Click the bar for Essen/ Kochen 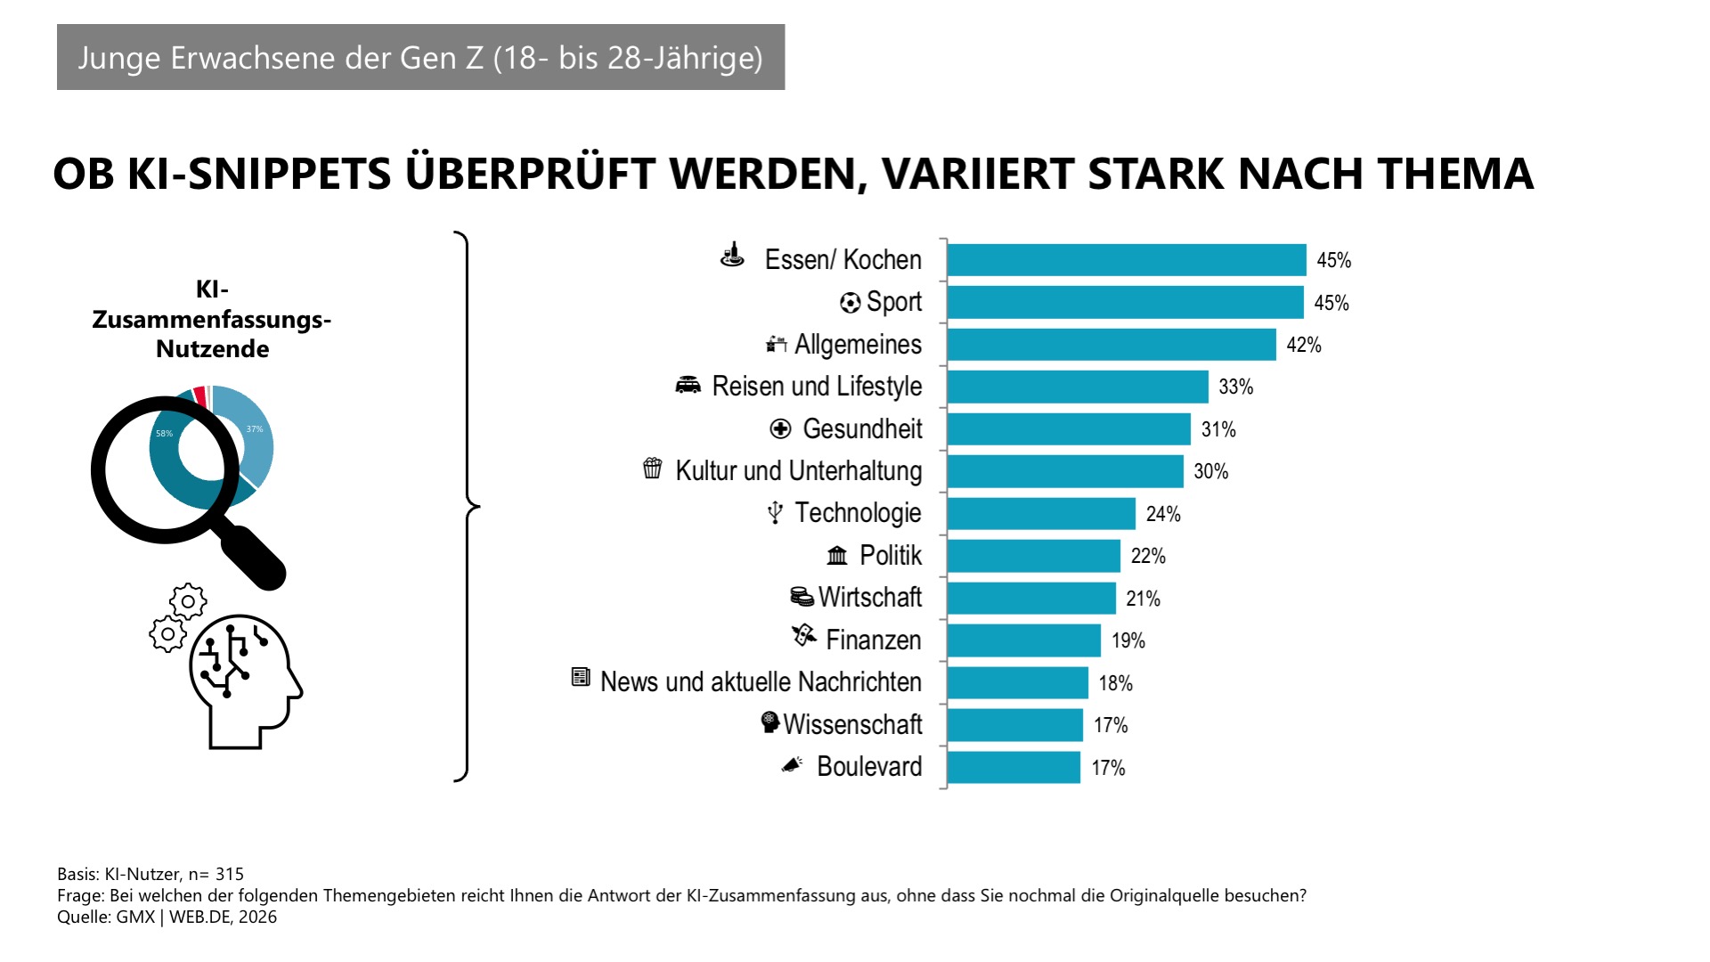point(1126,260)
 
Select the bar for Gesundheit point(1069,429)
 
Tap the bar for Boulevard point(1014,768)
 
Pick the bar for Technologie point(1041,514)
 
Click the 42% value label point(1303,346)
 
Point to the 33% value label point(1235,387)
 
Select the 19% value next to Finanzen point(1128,640)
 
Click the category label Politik point(890,556)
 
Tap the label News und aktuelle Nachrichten point(761,682)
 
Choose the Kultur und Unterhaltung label point(798,471)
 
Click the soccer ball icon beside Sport point(850,303)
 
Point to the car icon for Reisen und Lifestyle point(688,386)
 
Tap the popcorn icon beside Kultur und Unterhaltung point(653,469)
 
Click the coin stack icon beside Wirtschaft point(802,596)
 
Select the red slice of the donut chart point(200,395)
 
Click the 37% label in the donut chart point(255,429)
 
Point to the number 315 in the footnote point(229,875)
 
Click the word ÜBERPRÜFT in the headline point(530,174)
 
